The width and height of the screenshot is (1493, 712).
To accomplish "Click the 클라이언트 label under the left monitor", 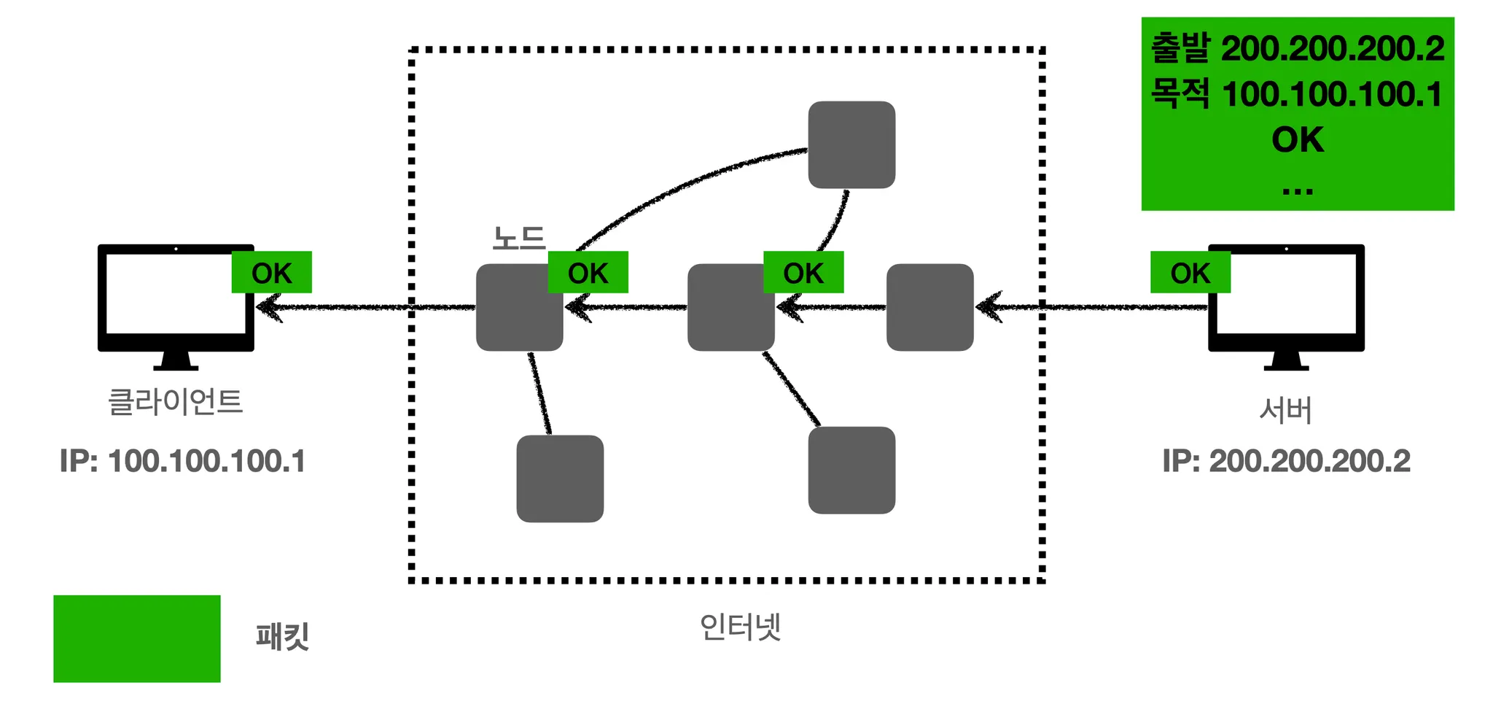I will pos(175,402).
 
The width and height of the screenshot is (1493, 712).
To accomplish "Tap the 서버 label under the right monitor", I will pos(1285,411).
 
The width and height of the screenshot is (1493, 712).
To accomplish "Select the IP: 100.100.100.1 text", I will pos(182,461).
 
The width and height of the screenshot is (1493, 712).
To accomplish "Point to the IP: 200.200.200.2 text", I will pos(1286,461).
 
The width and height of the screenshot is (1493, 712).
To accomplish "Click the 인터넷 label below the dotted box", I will pos(740,627).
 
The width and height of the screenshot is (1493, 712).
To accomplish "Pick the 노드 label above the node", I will pos(518,238).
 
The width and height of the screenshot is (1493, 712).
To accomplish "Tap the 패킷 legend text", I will pos(283,636).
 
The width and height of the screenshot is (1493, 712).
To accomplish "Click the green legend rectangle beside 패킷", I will pos(137,638).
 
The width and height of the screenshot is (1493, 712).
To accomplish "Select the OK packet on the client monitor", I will pos(271,273).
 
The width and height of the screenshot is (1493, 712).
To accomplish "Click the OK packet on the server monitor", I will pos(1190,273).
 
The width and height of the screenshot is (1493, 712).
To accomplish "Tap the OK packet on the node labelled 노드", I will pos(588,273).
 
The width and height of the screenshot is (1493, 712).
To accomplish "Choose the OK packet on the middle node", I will pos(803,273).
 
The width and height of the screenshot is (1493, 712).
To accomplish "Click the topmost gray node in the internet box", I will pos(851,144).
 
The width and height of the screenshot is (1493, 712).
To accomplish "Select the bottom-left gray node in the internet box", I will pos(560,479).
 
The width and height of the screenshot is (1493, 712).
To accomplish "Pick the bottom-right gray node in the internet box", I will pos(851,470).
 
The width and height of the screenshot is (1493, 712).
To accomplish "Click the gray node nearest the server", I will pos(929,307).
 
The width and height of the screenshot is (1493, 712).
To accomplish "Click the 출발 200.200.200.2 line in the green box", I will pos(1297,49).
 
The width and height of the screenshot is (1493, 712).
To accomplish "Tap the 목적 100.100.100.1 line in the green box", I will pos(1297,95).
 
